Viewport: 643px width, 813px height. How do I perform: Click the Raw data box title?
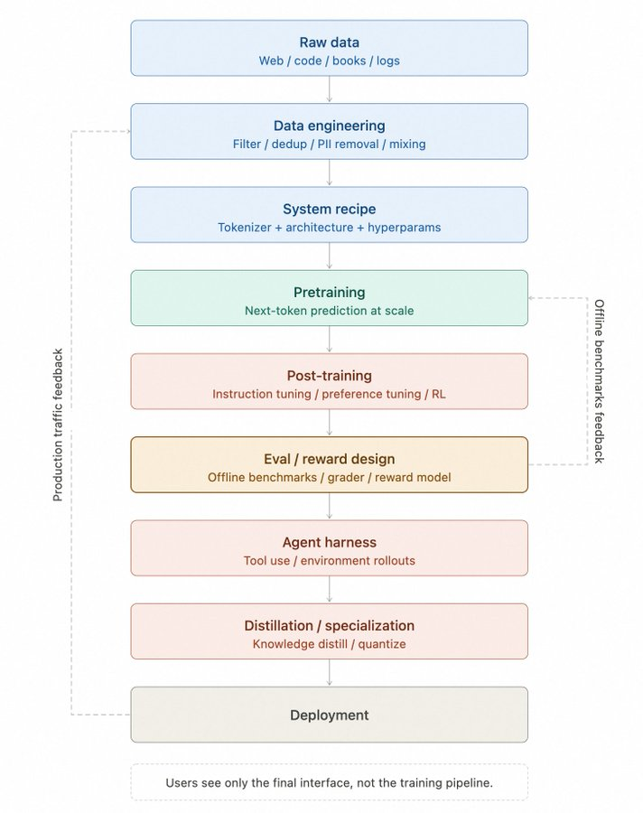[x=329, y=42]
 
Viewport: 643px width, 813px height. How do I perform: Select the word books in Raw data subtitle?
[x=349, y=61]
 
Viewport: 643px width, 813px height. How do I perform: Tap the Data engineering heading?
[x=329, y=126]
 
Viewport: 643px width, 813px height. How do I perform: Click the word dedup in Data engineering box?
[x=290, y=144]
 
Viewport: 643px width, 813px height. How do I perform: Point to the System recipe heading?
[x=329, y=209]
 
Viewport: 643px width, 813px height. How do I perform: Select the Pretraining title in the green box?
[x=329, y=293]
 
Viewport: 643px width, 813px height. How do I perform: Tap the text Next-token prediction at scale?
[x=329, y=311]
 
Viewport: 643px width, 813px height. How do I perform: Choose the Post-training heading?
[x=329, y=376]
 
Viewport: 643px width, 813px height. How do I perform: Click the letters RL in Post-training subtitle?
[x=437, y=394]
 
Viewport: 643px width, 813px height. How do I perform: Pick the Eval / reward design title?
[x=329, y=459]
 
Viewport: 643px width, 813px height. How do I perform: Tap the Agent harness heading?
[x=329, y=542]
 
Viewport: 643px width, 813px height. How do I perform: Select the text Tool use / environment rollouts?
[x=329, y=561]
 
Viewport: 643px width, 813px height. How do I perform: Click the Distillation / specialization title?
[x=329, y=625]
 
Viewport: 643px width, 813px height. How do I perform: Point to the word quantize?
[x=382, y=644]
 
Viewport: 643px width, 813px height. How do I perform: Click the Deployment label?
[x=329, y=715]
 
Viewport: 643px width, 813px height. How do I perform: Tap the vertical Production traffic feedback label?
[x=58, y=425]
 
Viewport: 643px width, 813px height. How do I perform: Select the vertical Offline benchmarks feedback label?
[x=598, y=380]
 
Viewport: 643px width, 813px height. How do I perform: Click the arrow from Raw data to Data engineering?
[x=329, y=89]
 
